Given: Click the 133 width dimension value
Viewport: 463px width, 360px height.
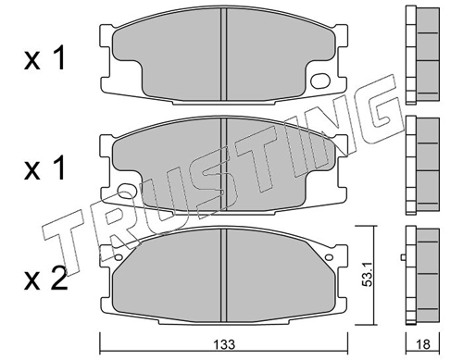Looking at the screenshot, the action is (x=225, y=344).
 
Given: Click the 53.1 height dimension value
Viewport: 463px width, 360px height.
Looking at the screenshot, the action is (x=368, y=275).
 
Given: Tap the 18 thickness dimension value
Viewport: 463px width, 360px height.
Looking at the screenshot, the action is (x=423, y=344).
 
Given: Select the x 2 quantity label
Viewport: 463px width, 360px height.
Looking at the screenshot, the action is (x=45, y=279).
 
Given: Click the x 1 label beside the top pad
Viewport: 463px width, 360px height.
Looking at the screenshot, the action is (x=45, y=58).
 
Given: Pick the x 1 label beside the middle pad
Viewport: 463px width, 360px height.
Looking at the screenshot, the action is (x=45, y=168).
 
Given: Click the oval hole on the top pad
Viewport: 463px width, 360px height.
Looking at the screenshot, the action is (x=320, y=81).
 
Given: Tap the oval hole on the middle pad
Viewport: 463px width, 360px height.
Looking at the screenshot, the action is (x=127, y=191).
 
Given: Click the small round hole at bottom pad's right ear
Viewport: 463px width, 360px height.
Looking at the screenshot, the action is (x=329, y=257).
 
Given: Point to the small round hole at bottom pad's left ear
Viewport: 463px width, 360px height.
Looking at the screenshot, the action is (x=118, y=257).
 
